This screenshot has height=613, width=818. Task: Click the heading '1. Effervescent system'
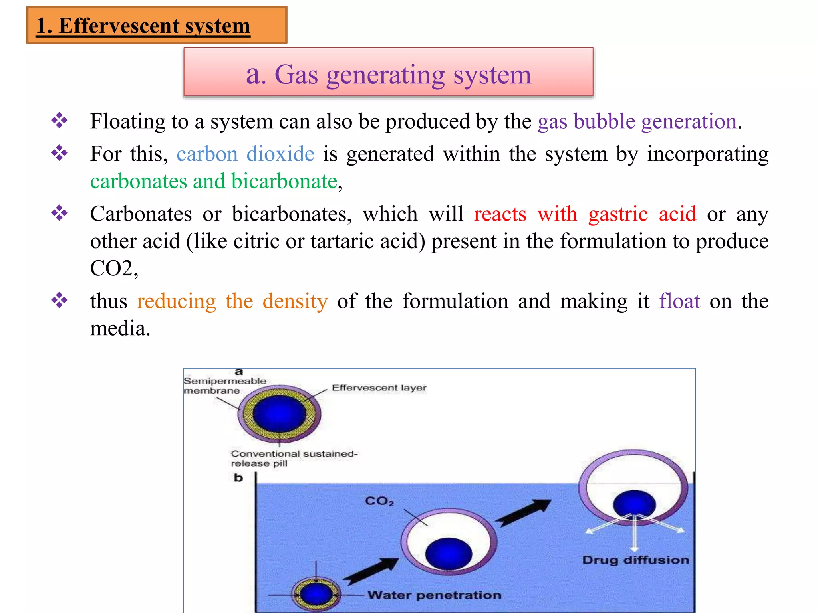pos(143,26)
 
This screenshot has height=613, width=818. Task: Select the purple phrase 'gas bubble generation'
pos(637,121)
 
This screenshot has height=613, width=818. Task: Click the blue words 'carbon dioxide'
pos(245,154)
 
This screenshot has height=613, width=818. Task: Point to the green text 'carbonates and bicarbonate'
pos(214,182)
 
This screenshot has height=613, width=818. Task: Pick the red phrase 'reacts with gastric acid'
pos(584,214)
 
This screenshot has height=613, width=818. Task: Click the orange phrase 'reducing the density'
pos(232,301)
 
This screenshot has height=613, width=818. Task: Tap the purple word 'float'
pos(679,301)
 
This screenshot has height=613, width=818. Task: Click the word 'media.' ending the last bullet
pos(120,329)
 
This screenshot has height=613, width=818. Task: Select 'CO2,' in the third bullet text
pos(114,268)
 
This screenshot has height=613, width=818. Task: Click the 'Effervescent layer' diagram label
pos(379,388)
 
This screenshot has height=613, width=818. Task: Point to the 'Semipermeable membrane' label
pos(224,386)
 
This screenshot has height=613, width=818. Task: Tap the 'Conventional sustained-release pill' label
pos(294,458)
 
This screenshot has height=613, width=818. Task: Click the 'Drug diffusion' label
pos(635,560)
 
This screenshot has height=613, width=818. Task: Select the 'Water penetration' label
pos(434,595)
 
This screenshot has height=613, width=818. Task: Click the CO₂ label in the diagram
pos(379,501)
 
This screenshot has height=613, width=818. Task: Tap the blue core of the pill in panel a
pos(279,414)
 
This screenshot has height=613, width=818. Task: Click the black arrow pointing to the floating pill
pos(523,513)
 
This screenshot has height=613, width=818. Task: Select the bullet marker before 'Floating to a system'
pos(59,121)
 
